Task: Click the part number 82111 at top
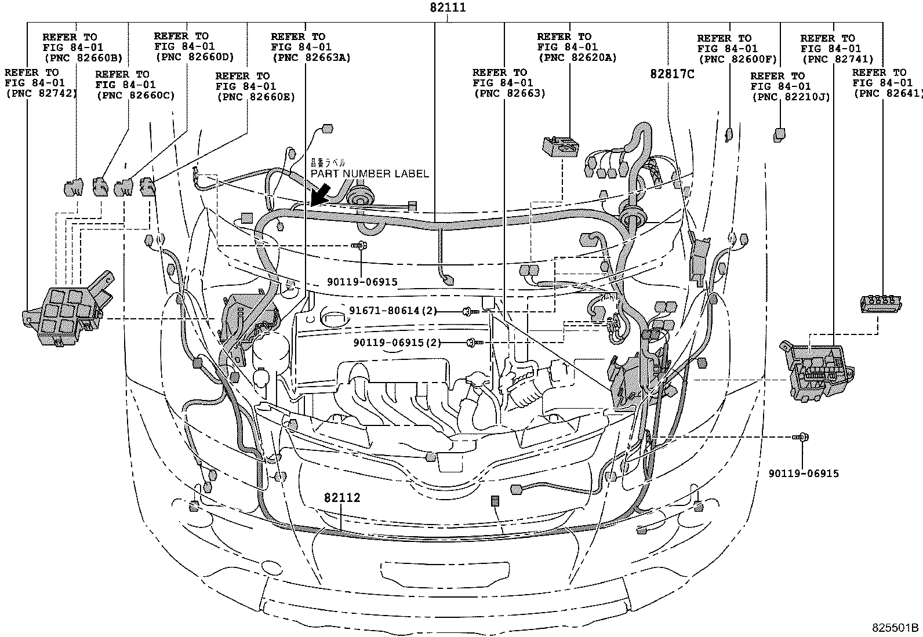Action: [448, 8]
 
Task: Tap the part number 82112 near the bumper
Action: [341, 498]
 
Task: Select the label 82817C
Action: [671, 74]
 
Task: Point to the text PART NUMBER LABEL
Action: [369, 174]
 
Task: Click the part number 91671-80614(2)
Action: [393, 311]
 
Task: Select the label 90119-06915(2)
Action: [397, 343]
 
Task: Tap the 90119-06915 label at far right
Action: [804, 474]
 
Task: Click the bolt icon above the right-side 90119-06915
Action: [803, 437]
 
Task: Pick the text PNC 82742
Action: [41, 93]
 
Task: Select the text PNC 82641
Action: [879, 93]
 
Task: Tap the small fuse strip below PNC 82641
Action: [880, 302]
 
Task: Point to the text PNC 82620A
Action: [576, 57]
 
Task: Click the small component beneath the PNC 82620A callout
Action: [560, 145]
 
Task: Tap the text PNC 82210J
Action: [791, 97]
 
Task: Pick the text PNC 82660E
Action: [256, 97]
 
